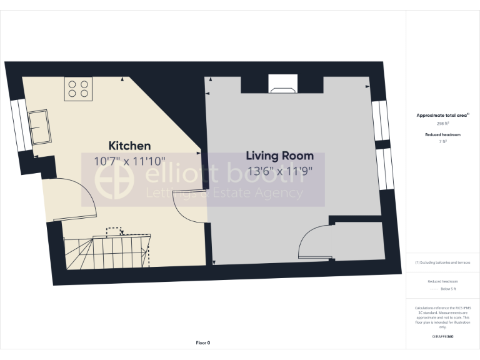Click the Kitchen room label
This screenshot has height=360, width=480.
[x=129, y=146]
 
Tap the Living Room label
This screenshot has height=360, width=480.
[x=279, y=156]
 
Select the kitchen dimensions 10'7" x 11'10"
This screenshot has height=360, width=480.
[x=130, y=161]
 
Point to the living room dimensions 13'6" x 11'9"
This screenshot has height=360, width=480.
[x=279, y=170]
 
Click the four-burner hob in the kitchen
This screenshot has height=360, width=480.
[x=78, y=88]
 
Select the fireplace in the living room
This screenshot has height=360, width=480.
[x=283, y=84]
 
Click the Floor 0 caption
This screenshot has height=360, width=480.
[x=203, y=342]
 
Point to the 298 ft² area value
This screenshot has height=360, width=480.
[x=443, y=124]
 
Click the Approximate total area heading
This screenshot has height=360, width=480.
[x=442, y=116]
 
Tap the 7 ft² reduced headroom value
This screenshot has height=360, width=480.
[x=443, y=142]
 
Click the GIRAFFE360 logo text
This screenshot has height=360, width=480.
[x=442, y=337]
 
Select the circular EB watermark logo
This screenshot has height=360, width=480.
[x=114, y=179]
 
